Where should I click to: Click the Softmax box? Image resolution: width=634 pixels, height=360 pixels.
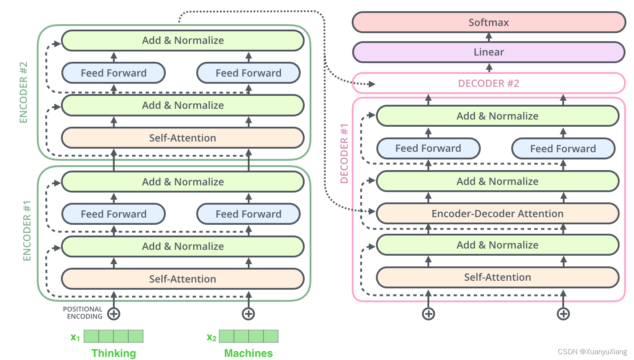[x=488, y=22]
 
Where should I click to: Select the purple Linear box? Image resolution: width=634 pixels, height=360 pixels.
[x=488, y=52]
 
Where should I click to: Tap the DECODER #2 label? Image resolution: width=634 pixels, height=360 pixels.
[x=488, y=83]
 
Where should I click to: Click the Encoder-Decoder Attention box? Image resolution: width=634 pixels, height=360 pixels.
[x=497, y=214]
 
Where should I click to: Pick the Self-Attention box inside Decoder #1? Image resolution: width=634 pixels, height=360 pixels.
[x=497, y=277]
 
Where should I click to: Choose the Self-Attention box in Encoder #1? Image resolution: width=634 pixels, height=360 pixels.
[x=183, y=279]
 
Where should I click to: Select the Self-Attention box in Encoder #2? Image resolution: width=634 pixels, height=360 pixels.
[x=183, y=138]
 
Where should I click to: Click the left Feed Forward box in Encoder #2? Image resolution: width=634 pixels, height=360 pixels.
[x=113, y=73]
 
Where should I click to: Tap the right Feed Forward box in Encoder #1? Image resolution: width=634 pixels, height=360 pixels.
[x=248, y=214]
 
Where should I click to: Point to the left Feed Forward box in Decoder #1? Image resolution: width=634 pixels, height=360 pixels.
[x=428, y=148]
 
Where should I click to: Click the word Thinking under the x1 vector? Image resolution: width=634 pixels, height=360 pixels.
[x=113, y=353]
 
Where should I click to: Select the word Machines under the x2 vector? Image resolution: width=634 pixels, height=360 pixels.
[x=248, y=353]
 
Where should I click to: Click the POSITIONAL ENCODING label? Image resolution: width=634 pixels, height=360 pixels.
[x=82, y=313]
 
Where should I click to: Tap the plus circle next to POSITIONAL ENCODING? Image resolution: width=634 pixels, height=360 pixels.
[x=114, y=314]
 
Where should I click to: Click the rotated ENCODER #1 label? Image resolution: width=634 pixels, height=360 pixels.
[x=27, y=231]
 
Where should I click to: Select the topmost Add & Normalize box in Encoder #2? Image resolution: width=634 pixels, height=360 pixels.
[x=183, y=40]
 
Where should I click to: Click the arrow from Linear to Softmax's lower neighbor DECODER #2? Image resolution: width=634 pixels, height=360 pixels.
[x=489, y=68]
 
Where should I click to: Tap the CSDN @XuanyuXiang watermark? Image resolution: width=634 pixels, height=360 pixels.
[x=592, y=352]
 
